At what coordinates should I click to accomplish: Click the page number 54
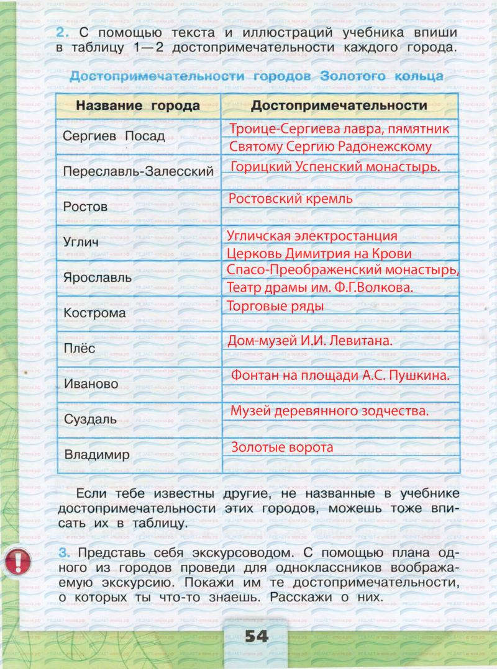click(256, 637)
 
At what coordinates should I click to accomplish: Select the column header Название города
click(138, 106)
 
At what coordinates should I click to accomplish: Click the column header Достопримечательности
click(339, 106)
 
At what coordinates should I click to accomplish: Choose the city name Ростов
click(86, 207)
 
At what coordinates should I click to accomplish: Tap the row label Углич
click(81, 243)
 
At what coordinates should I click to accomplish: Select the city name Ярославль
click(98, 278)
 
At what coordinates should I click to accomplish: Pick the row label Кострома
click(94, 313)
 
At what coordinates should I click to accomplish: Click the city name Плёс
click(80, 348)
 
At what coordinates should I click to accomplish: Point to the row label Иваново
click(91, 384)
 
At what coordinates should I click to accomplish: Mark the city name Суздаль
click(90, 420)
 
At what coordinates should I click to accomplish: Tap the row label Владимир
click(97, 455)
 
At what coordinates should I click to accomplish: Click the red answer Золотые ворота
click(282, 447)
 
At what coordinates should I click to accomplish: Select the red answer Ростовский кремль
click(291, 199)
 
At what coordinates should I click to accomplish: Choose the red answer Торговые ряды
click(275, 306)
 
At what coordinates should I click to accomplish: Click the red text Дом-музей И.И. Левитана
click(310, 341)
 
